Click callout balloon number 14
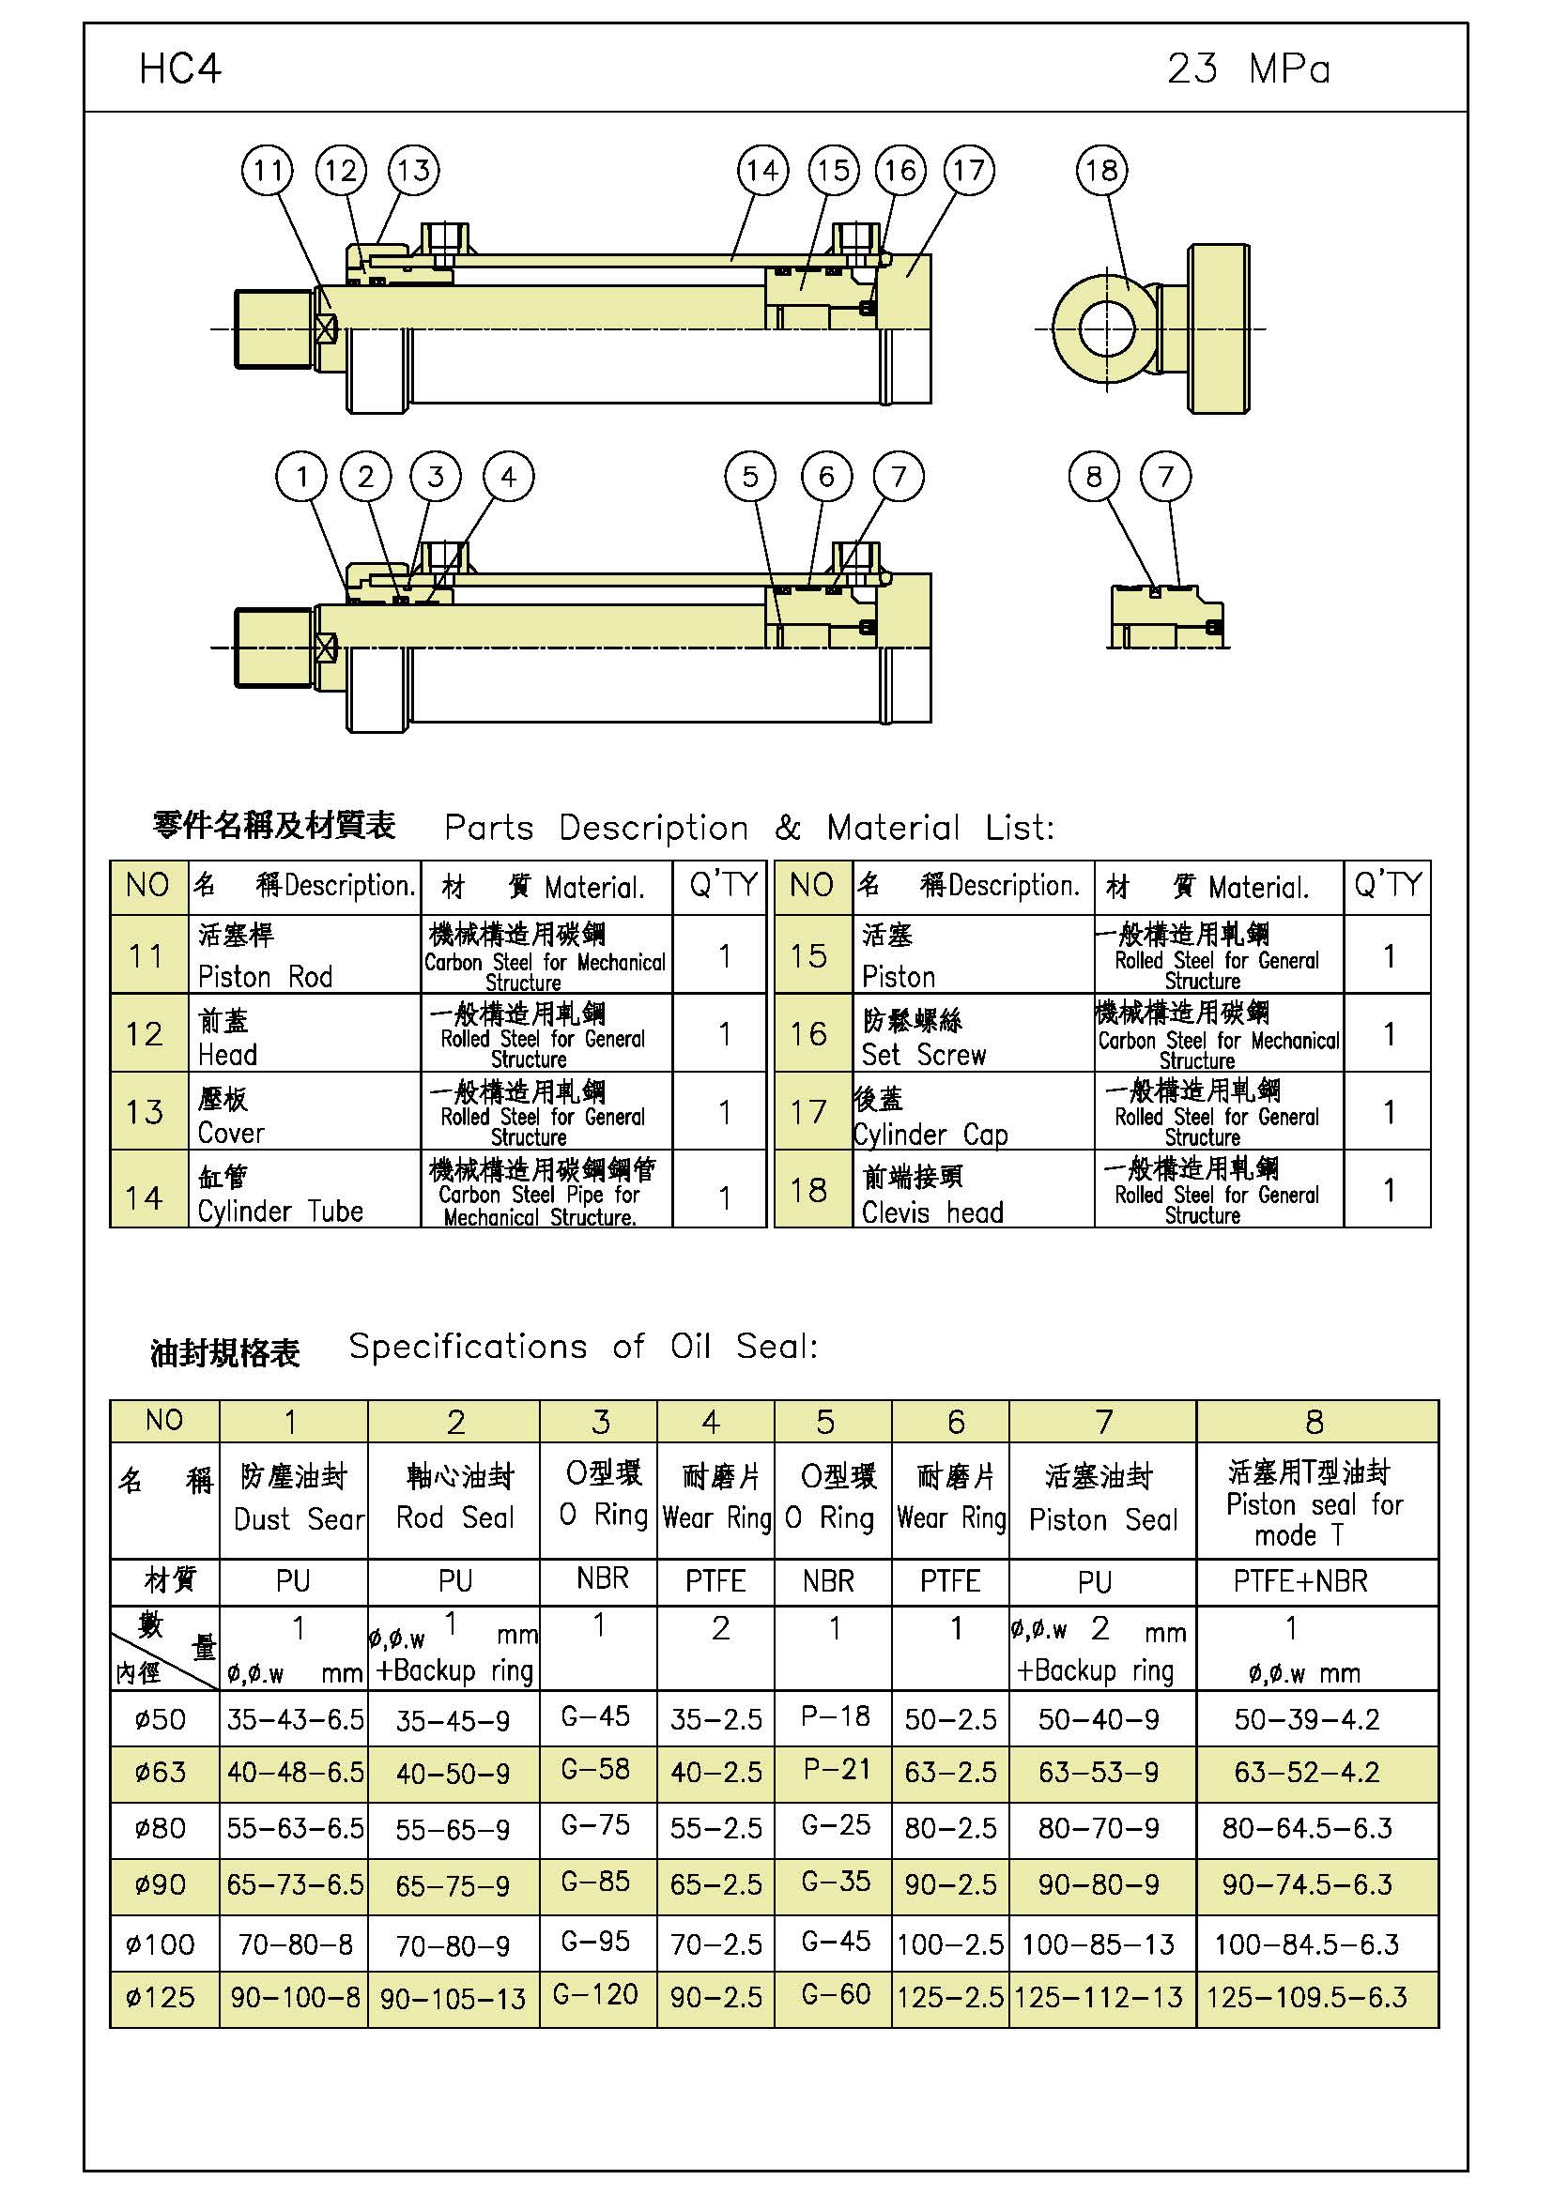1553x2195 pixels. (x=762, y=171)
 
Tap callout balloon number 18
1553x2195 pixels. (x=1101, y=171)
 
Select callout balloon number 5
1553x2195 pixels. (x=751, y=476)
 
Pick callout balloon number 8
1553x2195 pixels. (x=1094, y=476)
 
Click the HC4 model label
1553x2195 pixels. (x=179, y=69)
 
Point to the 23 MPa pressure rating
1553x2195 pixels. (x=1248, y=69)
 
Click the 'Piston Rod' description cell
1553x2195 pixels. (x=303, y=954)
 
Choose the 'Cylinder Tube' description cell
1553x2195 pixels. (x=303, y=1190)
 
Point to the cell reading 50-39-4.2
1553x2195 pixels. (x=1306, y=1720)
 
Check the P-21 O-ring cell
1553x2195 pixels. (x=836, y=1770)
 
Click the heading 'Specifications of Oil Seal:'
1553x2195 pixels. (x=583, y=1346)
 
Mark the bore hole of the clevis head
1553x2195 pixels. (x=1106, y=328)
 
